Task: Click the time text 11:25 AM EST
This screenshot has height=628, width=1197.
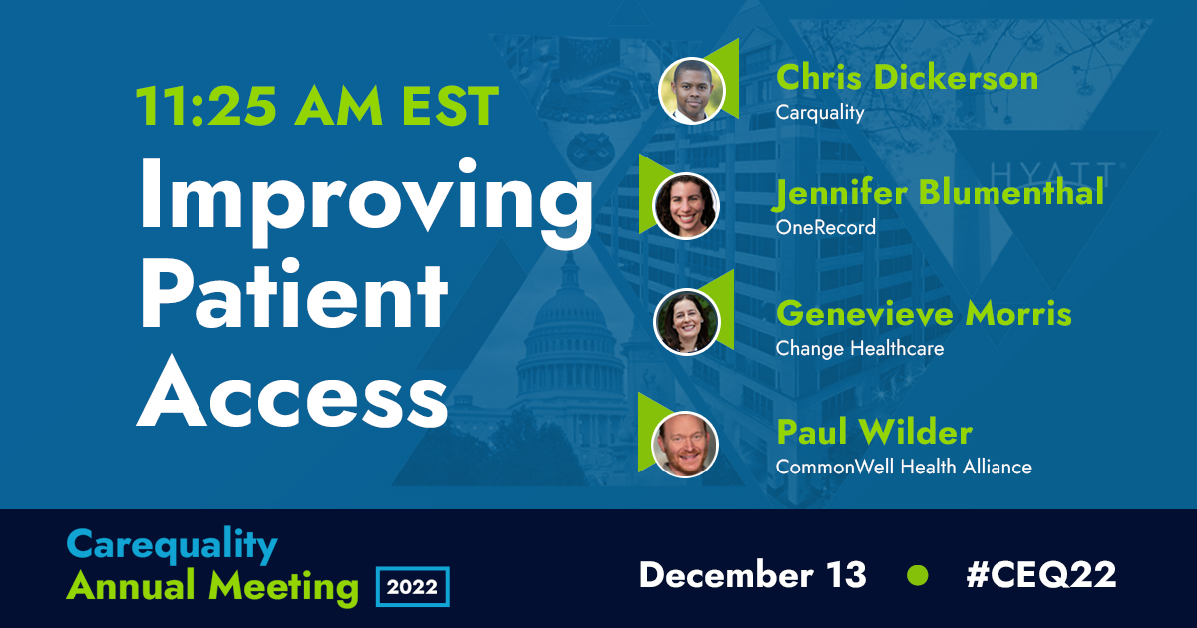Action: click(316, 105)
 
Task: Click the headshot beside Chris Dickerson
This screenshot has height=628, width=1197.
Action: click(691, 90)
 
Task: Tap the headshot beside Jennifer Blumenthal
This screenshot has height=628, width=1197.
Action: click(686, 205)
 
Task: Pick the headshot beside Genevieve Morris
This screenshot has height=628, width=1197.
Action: click(686, 322)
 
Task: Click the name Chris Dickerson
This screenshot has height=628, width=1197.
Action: click(907, 78)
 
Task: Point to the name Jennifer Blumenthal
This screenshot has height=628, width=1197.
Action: click(940, 193)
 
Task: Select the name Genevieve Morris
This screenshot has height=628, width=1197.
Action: click(924, 314)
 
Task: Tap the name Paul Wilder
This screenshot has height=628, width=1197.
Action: click(874, 433)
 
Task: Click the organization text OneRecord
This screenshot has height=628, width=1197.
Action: click(826, 228)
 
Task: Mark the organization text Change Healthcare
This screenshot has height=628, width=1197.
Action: click(859, 349)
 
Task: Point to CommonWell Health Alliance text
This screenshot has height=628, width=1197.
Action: click(904, 467)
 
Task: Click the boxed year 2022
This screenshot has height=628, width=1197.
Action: click(413, 586)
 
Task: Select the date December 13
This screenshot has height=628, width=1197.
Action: click(753, 575)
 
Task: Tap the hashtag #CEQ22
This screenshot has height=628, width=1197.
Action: click(1042, 575)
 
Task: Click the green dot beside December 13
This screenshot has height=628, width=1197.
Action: click(917, 575)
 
